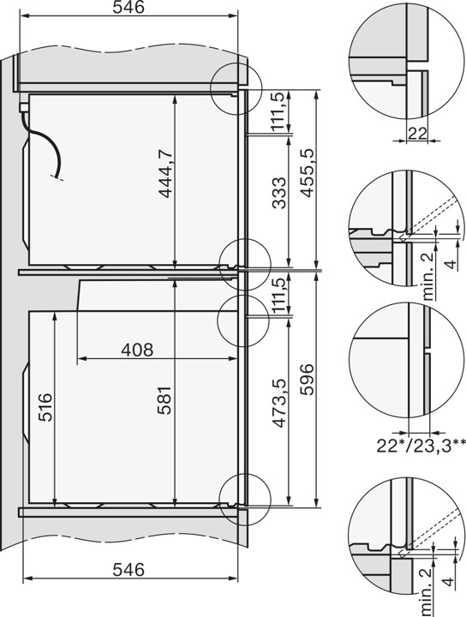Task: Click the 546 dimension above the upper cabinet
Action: (x=126, y=9)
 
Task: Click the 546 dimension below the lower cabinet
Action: (x=126, y=570)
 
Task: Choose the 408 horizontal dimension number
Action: (x=137, y=350)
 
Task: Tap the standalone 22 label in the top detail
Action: (x=417, y=130)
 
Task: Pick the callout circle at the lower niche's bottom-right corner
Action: (x=242, y=499)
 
